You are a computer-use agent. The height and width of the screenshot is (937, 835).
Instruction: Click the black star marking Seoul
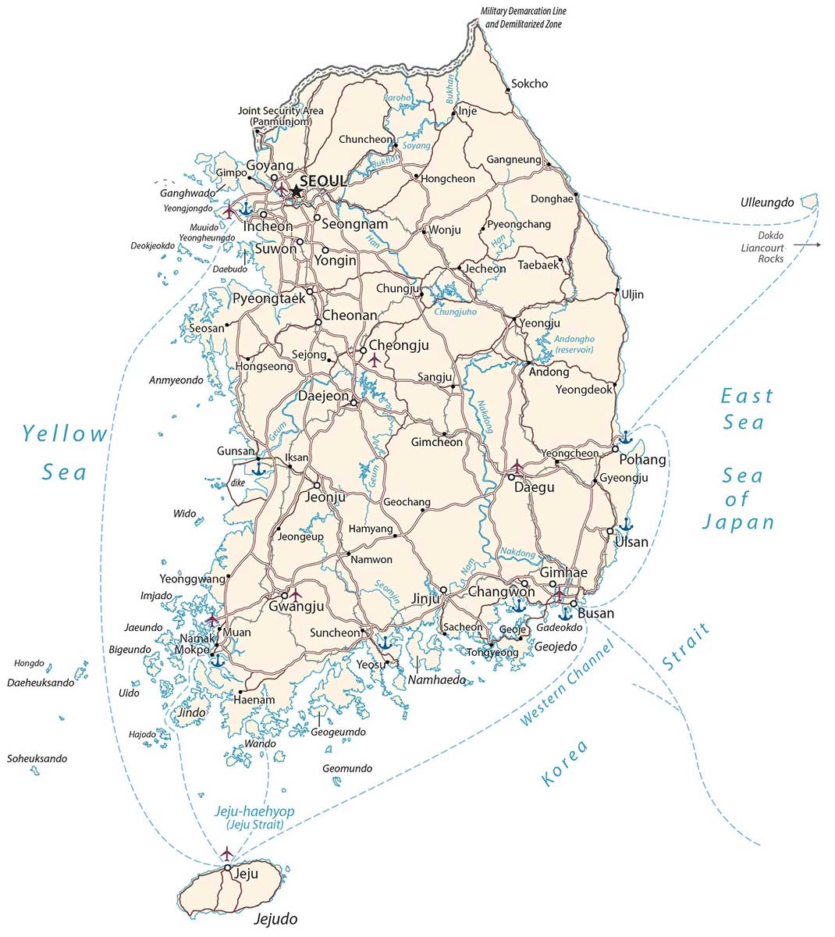click(297, 191)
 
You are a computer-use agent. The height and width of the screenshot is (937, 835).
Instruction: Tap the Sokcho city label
click(529, 84)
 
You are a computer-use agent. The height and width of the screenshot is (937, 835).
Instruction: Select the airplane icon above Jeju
click(227, 851)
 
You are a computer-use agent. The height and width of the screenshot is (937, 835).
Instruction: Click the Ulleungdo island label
click(766, 202)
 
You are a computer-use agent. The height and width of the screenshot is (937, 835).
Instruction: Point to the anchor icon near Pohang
click(625, 437)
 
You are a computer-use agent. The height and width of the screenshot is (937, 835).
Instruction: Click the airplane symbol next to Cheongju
click(375, 359)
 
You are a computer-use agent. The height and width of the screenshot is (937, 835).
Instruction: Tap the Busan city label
click(595, 613)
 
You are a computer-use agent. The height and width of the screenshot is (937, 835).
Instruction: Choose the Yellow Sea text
click(65, 452)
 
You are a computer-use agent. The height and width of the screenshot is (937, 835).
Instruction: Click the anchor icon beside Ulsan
click(625, 524)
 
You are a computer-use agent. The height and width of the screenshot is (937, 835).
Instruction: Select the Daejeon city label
click(324, 396)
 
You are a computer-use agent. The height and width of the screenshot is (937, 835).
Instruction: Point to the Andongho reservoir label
click(574, 344)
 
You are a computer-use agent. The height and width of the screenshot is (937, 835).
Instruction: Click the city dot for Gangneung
click(549, 165)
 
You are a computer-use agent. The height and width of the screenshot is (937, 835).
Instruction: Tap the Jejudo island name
click(276, 919)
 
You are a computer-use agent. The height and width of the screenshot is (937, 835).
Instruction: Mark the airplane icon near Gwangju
click(296, 595)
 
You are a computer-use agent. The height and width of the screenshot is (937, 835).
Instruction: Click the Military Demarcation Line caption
click(524, 18)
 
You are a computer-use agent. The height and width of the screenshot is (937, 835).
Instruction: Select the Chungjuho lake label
click(455, 312)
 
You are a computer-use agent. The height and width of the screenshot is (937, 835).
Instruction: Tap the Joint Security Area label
click(280, 116)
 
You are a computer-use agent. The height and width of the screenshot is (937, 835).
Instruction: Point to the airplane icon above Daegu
click(516, 465)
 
